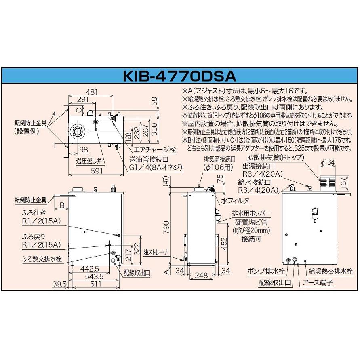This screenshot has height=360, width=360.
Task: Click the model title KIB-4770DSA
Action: (180, 77)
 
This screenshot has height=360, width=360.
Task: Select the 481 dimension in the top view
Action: (93, 92)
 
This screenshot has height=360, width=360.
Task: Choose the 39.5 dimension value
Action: (59, 285)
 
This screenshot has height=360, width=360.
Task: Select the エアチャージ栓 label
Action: (155, 150)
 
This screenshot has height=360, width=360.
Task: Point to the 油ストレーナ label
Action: (166, 252)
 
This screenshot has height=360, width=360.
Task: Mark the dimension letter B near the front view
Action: (62, 206)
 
